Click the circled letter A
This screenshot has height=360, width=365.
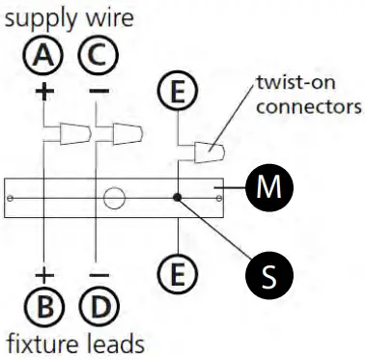coord(44,59)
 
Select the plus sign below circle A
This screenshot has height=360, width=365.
coord(44,94)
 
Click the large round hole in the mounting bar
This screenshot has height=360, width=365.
coord(116,200)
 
